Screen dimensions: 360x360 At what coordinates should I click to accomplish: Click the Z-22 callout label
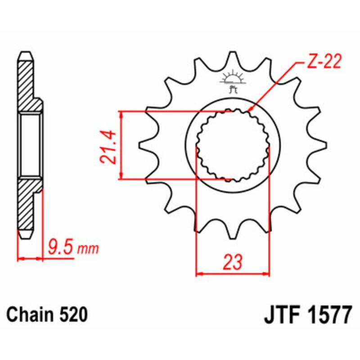pyautogui.click(x=324, y=62)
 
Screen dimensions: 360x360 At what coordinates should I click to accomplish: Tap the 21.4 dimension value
pyautogui.click(x=108, y=147)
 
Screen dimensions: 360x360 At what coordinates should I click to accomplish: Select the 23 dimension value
pyautogui.click(x=233, y=262)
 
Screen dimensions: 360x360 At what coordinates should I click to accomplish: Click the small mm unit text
pyautogui.click(x=88, y=249)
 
